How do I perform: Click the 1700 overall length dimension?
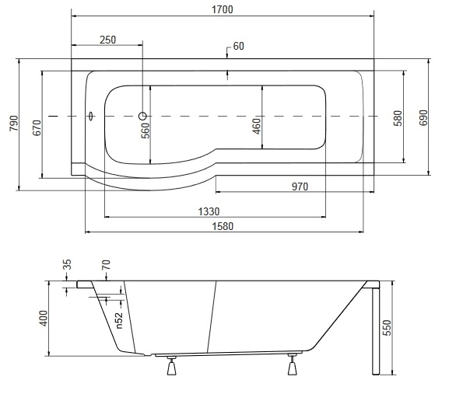(223, 10)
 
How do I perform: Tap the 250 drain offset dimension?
(107, 40)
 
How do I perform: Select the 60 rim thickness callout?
(239, 46)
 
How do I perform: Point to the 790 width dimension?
(14, 124)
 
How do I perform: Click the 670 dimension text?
(37, 128)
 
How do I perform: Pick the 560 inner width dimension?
(146, 131)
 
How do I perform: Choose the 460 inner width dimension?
(257, 126)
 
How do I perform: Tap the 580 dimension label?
(398, 118)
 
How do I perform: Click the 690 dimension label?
(423, 118)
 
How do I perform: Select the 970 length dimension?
(300, 187)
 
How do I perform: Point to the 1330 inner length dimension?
(209, 211)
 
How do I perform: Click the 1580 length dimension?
(223, 226)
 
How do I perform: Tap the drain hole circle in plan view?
(142, 116)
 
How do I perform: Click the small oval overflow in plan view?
(91, 116)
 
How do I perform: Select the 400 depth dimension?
(44, 319)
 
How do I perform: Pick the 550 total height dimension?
(386, 328)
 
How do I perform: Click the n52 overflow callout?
(119, 320)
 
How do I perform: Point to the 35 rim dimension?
(67, 264)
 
